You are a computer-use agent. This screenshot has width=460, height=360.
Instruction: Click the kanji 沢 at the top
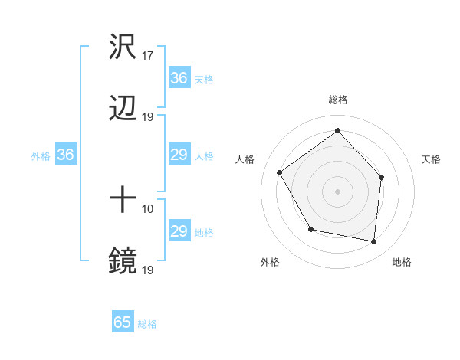[123, 47]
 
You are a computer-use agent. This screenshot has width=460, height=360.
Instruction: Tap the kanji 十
[123, 201]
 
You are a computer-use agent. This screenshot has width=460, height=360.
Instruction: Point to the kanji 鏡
[123, 261]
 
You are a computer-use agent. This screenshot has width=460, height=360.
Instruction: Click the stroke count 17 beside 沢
[148, 56]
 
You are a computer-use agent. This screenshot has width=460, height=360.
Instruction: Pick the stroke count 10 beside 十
[148, 209]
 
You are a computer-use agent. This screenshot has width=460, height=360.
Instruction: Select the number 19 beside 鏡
[148, 270]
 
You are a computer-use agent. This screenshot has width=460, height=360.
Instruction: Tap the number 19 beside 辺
[148, 116]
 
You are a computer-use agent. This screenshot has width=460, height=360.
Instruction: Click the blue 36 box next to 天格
[179, 77]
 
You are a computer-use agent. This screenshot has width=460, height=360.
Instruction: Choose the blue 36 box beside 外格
[65, 155]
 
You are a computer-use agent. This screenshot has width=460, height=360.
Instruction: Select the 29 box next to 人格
[179, 155]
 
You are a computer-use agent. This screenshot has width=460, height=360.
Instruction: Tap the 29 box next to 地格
[179, 231]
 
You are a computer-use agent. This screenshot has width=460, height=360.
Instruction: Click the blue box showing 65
[123, 322]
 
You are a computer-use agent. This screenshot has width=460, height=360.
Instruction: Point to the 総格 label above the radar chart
[337, 100]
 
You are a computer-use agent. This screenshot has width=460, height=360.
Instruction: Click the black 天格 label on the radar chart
[431, 159]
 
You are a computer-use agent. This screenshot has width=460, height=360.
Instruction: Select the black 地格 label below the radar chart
[402, 262]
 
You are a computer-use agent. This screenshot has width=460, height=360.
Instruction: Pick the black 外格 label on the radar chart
[270, 262]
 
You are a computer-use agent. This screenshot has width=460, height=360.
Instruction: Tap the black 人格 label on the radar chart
[245, 159]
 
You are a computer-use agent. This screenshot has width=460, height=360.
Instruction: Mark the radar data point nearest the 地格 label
[373, 241]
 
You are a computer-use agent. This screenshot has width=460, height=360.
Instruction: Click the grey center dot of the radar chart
[337, 191]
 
